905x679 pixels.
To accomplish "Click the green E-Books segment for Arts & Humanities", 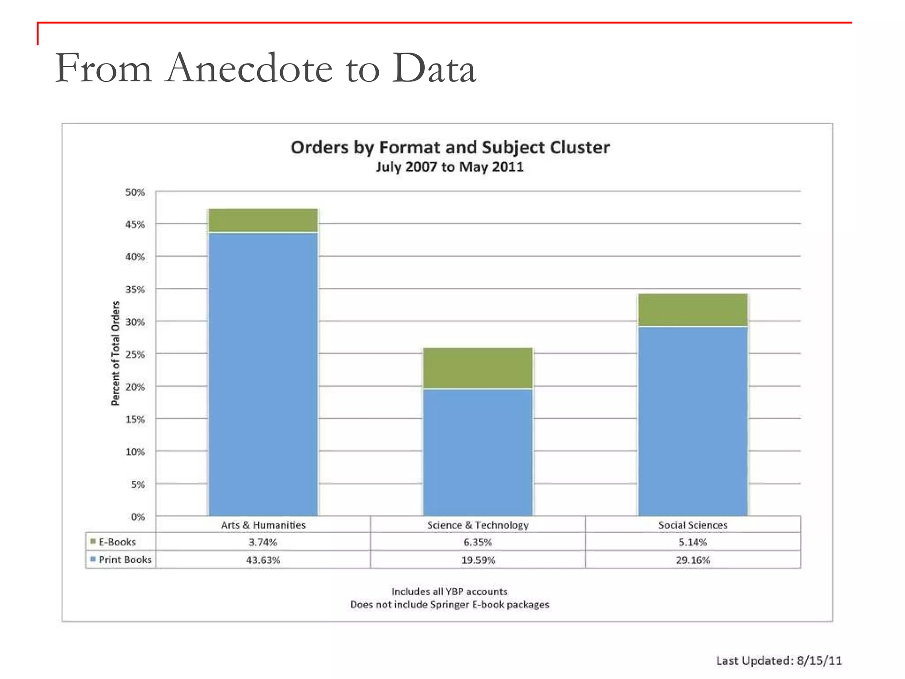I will click(263, 220).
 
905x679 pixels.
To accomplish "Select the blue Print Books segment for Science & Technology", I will click(478, 452).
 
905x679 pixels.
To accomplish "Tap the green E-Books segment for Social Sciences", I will click(692, 309).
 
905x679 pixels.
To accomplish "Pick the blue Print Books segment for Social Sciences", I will click(692, 421).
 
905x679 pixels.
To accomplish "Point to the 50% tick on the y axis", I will click(135, 192).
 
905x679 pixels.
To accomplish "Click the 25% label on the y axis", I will click(135, 355).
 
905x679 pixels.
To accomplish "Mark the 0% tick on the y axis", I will click(137, 516).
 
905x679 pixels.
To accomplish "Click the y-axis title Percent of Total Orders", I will click(115, 353).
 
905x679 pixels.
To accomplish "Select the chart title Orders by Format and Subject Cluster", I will click(450, 147).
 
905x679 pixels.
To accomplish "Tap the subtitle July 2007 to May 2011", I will click(449, 167).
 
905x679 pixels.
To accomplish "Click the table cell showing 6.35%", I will click(478, 542).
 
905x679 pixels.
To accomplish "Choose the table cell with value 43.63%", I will click(263, 560).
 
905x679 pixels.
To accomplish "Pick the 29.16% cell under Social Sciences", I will click(692, 560).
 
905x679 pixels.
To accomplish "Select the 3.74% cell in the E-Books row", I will click(263, 542).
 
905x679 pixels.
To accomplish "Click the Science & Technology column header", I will click(478, 525).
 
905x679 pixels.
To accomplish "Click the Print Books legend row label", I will click(125, 560).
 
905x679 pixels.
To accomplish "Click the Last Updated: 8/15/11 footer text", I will click(779, 660).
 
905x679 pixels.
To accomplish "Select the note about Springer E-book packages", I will click(449, 604).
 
